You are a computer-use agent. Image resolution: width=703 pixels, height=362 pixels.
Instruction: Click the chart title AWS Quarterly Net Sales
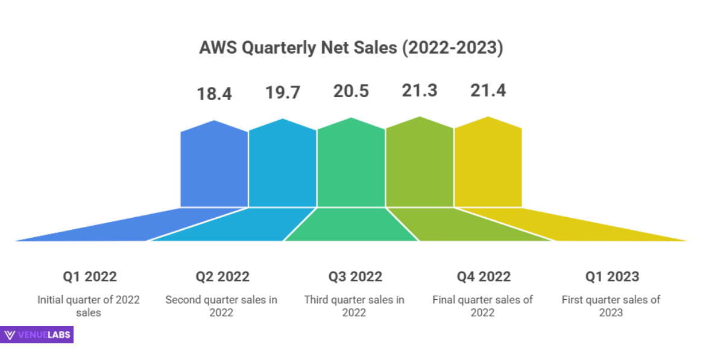[x=351, y=48]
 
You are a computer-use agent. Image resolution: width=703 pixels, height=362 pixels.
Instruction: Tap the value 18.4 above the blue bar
[x=214, y=94]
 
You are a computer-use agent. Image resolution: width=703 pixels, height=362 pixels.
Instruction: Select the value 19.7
[x=283, y=93]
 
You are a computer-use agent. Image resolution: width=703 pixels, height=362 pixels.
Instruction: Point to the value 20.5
[x=351, y=91]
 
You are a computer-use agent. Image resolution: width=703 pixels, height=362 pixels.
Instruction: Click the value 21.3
[x=420, y=91]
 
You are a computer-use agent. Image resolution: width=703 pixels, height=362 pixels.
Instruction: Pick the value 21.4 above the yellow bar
[x=488, y=91]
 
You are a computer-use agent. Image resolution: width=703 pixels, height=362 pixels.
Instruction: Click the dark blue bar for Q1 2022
[x=214, y=166]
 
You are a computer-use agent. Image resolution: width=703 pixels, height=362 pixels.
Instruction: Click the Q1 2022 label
[x=90, y=277]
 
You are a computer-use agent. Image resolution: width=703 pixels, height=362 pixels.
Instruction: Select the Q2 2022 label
[x=222, y=277]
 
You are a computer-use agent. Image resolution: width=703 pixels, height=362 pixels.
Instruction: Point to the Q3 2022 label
[x=355, y=277]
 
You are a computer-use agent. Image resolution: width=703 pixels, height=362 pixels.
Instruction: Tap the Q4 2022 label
[x=484, y=277]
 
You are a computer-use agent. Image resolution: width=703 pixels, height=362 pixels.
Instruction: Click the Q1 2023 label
[x=612, y=277]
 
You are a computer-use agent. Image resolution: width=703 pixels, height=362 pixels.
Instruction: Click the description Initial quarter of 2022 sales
[x=89, y=306]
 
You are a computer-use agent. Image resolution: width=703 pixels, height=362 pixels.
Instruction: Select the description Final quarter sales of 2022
[x=483, y=306]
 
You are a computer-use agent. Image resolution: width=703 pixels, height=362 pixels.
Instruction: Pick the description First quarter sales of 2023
[x=611, y=306]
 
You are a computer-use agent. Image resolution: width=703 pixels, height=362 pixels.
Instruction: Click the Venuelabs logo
[x=37, y=335]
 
